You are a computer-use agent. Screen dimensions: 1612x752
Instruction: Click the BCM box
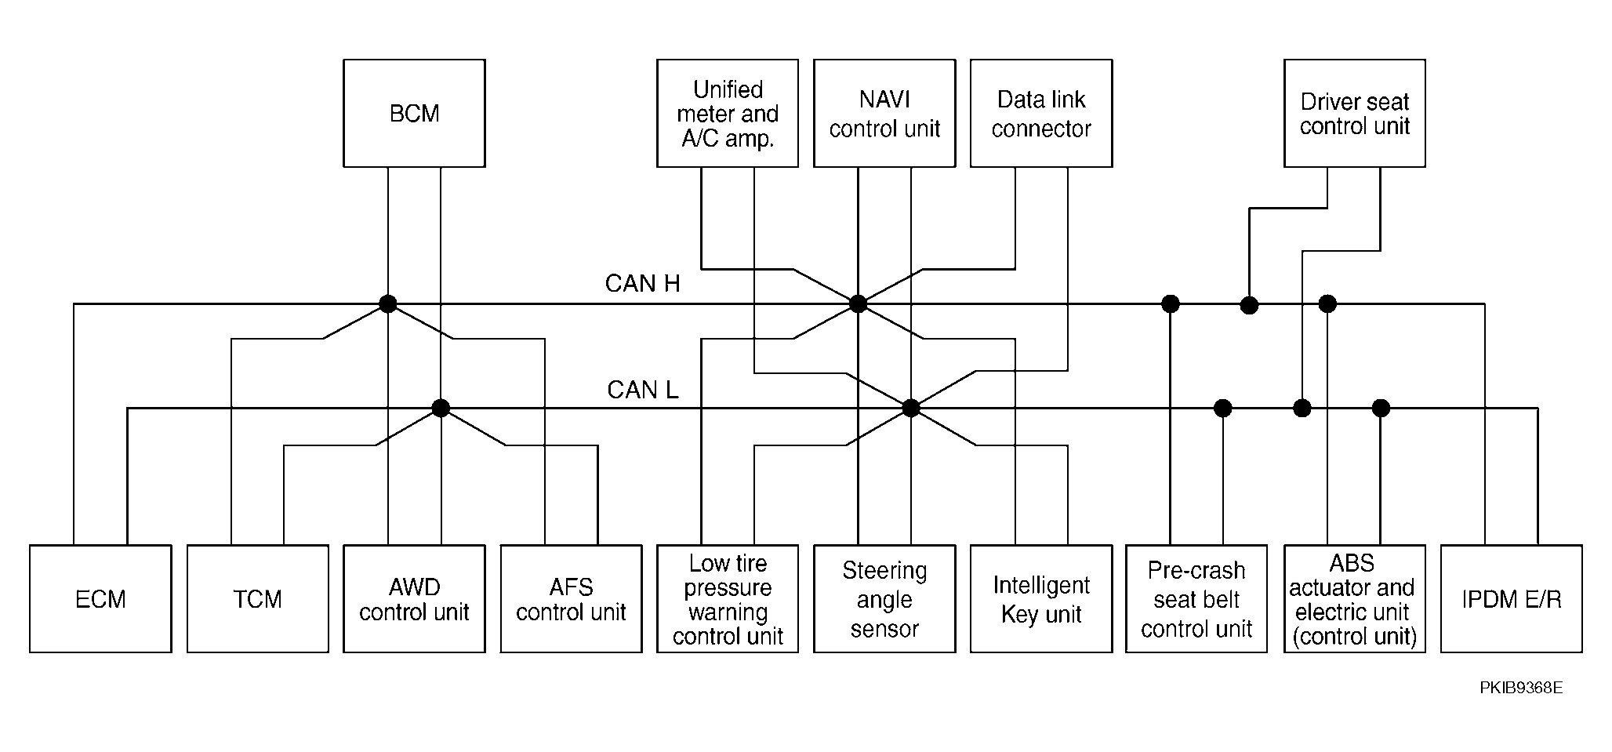[x=414, y=113]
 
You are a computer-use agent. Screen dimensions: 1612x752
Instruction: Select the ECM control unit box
[x=100, y=599]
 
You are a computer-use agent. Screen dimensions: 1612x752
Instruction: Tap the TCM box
[x=257, y=599]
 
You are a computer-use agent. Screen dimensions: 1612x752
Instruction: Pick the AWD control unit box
[x=414, y=599]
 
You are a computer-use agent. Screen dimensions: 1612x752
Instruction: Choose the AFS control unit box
[x=571, y=599]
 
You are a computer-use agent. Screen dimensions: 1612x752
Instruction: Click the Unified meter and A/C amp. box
[x=728, y=113]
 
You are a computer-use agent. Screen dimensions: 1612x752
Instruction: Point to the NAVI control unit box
[x=884, y=113]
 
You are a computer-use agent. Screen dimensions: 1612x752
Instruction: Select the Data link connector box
[x=1041, y=113]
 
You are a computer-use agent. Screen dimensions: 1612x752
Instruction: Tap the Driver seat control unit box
[x=1355, y=113]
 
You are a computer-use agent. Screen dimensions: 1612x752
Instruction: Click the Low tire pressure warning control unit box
[x=728, y=599]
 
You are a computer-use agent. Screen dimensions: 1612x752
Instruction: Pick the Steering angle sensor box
[x=884, y=599]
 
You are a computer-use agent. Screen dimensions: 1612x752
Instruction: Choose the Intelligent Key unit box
[x=1041, y=599]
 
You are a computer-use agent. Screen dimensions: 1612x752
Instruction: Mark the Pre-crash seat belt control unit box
[x=1196, y=599]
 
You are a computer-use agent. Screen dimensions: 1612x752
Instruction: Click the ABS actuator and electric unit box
[x=1355, y=599]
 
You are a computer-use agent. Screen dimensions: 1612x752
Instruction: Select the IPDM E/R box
[x=1512, y=599]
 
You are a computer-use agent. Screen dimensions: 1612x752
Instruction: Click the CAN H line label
[x=643, y=283]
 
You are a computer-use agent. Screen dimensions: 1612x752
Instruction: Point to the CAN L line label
[x=643, y=389]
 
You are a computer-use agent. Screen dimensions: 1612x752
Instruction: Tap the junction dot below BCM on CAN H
[x=388, y=303]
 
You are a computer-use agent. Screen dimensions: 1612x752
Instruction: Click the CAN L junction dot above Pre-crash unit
[x=1223, y=408]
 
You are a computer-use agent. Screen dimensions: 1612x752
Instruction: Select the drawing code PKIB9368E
[x=1521, y=688]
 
